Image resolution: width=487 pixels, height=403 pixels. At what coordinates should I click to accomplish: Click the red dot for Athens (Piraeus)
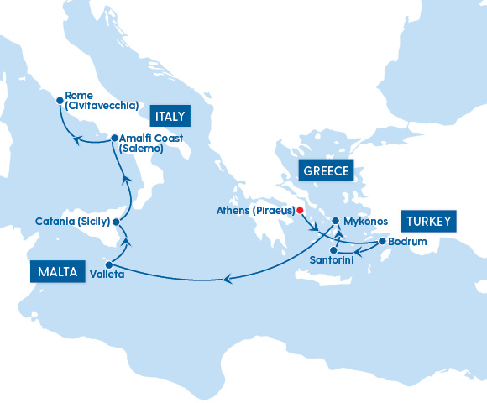(x=300, y=211)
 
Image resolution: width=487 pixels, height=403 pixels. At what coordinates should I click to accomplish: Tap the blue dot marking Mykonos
(x=335, y=222)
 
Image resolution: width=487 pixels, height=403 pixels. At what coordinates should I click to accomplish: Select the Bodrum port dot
(x=382, y=242)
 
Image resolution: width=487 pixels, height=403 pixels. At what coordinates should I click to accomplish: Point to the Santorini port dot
(x=333, y=250)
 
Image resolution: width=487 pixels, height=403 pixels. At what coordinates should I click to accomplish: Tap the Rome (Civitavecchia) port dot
(x=59, y=102)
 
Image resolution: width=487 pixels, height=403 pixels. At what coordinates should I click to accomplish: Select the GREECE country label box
(x=327, y=170)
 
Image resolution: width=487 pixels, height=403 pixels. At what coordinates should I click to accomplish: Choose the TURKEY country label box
(x=429, y=222)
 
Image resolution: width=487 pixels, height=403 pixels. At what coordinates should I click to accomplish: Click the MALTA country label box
(x=57, y=271)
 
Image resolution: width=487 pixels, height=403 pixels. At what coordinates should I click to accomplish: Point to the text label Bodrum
(x=410, y=242)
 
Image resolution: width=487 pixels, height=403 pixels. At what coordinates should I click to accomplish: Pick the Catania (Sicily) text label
(x=72, y=222)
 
